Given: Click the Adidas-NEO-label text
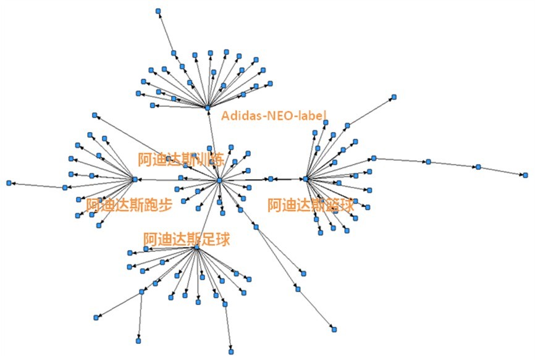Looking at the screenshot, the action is coord(274,115).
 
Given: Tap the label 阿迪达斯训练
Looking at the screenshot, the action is coord(181,159).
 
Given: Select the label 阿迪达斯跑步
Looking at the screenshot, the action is coord(129,205).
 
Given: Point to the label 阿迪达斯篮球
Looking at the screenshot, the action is coord(311,205).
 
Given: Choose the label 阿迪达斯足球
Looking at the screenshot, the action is coord(187,240).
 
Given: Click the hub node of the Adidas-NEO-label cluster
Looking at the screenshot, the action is coord(208,107).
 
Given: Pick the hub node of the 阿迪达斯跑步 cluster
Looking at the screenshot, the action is coord(135,179).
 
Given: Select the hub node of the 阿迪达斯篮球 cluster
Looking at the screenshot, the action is coord(306,178).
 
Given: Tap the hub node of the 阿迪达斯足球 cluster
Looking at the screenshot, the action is coord(196,247).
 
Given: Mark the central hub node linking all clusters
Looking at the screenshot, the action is coord(219,180).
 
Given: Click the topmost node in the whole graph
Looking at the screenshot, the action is coord(158,11).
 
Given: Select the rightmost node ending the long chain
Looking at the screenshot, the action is coord(526,175).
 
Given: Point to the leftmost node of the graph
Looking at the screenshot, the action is coord(9,183).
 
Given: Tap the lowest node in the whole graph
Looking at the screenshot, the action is coord(231,351).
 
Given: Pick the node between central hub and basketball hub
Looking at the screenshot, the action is coord(271,178).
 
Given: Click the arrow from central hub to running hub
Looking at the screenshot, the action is coord(177,180).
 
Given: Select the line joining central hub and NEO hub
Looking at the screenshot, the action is coord(214,144).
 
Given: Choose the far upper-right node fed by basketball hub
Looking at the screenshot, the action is coord(394,97).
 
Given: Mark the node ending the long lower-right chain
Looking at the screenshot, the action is coord(334,329).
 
